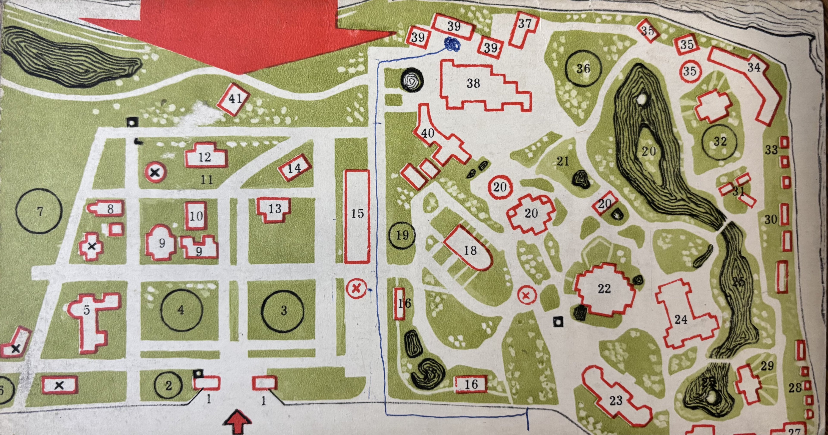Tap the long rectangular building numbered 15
click(357, 216)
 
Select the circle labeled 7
click(39, 211)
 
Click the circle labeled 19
click(402, 235)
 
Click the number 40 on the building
click(428, 133)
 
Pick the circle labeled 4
click(181, 310)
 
